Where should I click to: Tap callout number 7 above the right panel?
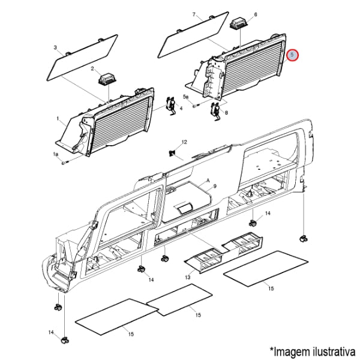click(x=194, y=14)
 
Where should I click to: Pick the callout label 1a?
click(x=56, y=155)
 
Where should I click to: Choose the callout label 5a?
click(x=185, y=97)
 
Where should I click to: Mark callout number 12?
click(x=185, y=142)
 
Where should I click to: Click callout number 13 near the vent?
click(x=188, y=278)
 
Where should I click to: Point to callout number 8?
click(x=226, y=112)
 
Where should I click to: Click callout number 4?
click(x=181, y=109)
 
